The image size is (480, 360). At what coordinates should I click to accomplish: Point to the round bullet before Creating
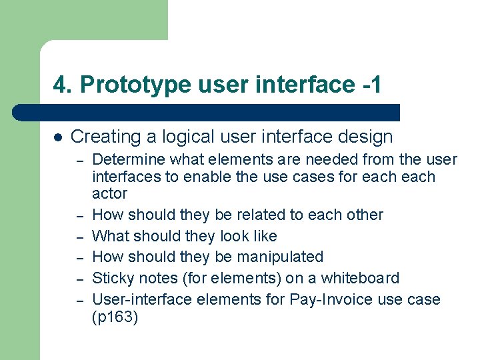[x=57, y=137]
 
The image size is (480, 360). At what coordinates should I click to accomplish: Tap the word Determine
[x=129, y=159]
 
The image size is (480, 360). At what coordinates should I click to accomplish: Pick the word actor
[x=109, y=194]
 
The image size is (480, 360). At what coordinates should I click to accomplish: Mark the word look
[x=236, y=236]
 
